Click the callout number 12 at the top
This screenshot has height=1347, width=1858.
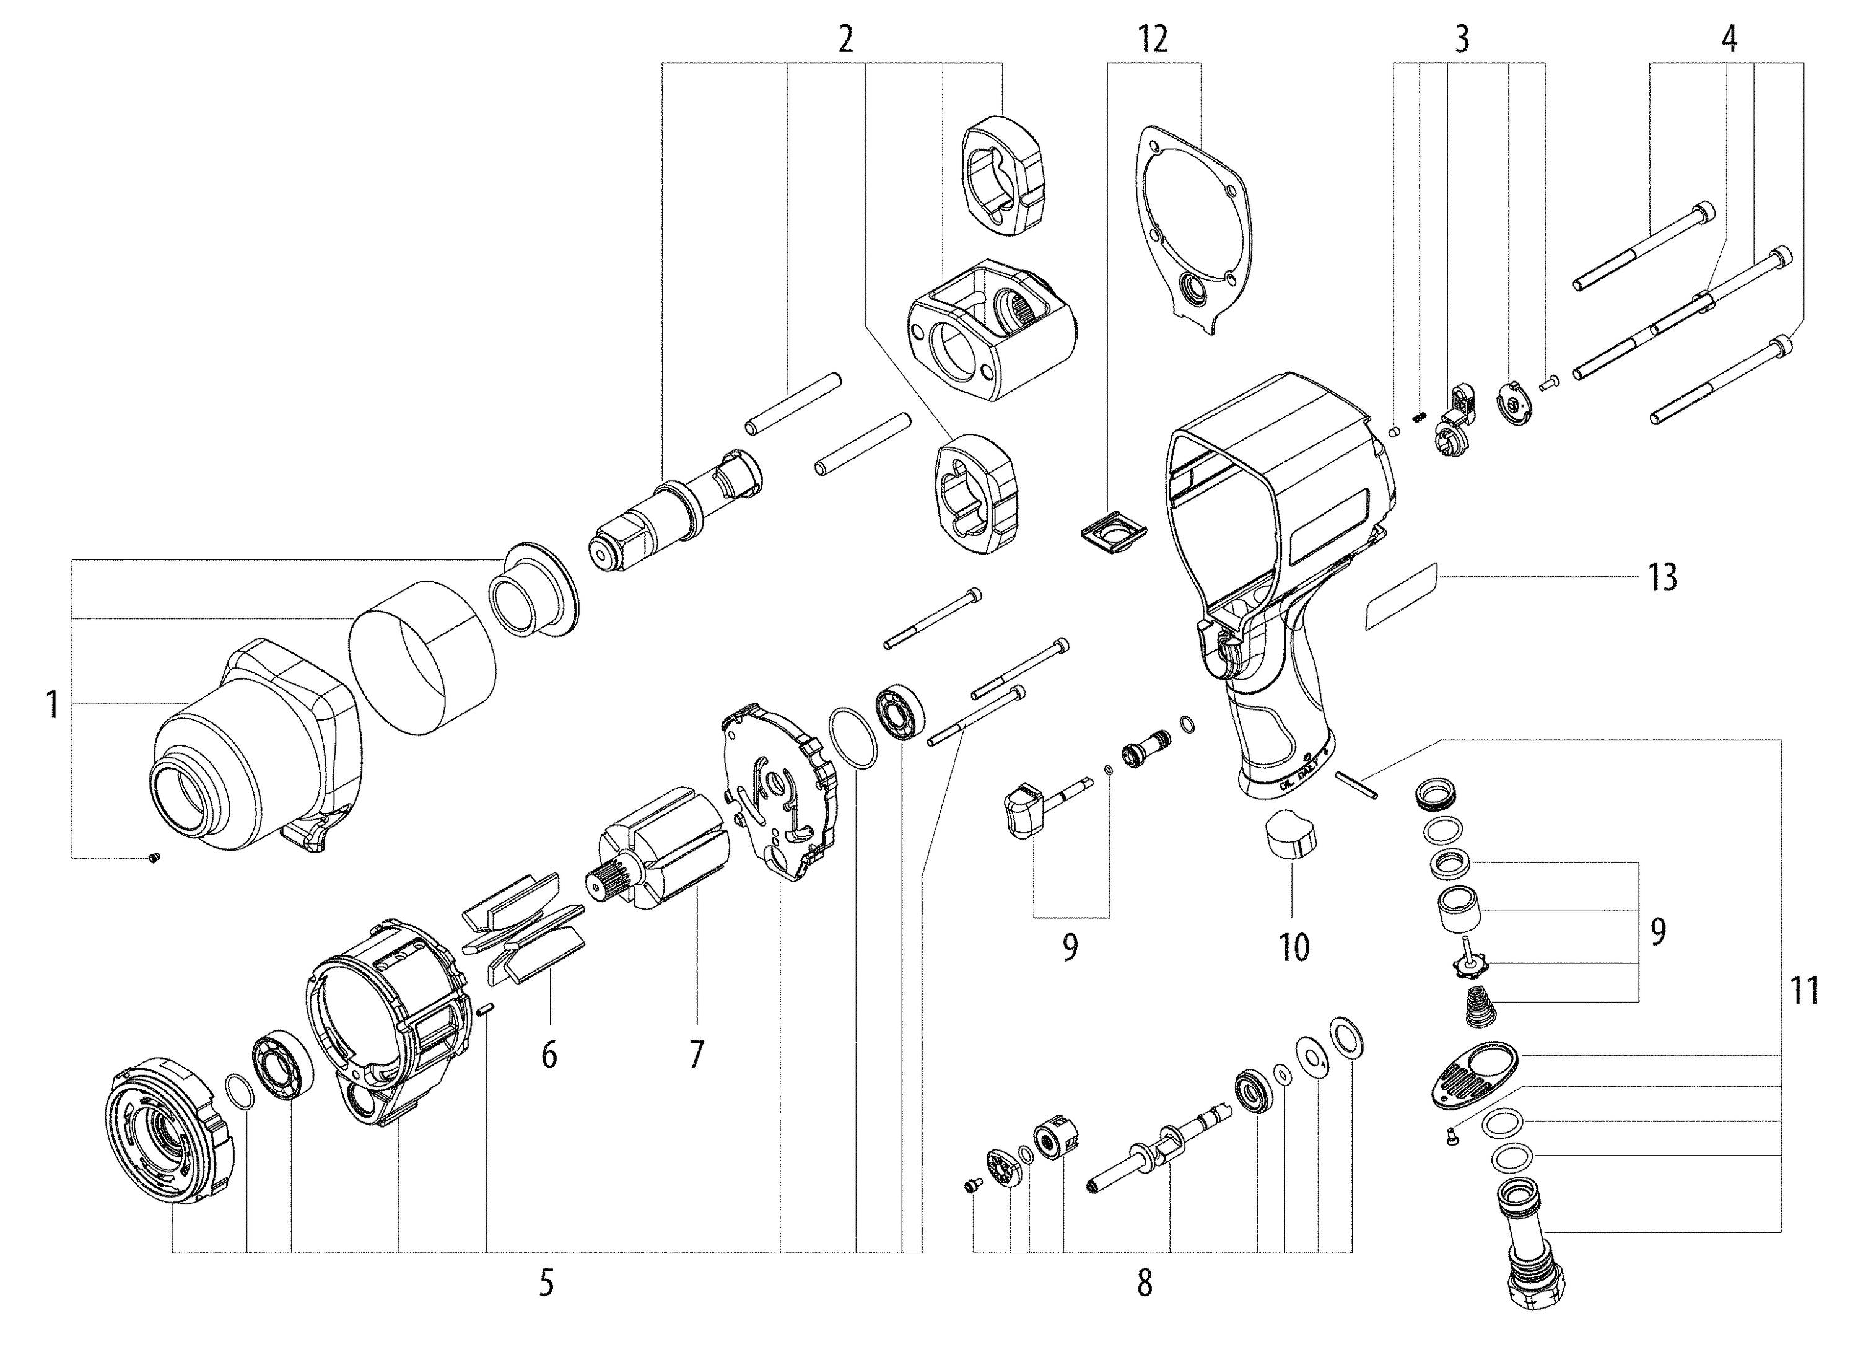click(1153, 38)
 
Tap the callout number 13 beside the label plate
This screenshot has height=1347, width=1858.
click(1662, 577)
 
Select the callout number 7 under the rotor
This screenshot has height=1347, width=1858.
click(696, 1055)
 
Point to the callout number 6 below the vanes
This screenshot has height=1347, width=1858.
click(549, 1055)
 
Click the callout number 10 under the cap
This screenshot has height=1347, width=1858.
click(1294, 948)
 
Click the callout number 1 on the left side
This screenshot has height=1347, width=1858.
click(53, 706)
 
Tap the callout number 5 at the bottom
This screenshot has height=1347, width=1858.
click(546, 1283)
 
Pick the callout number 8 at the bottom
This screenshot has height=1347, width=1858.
click(1145, 1283)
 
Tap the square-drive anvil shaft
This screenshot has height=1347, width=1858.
click(672, 516)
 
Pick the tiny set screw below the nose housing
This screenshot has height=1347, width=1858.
click(154, 858)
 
